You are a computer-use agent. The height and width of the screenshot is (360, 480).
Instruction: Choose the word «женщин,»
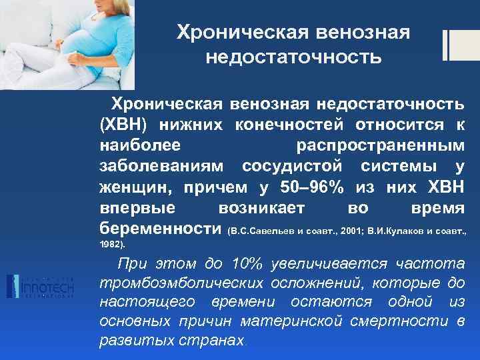click(134, 186)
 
